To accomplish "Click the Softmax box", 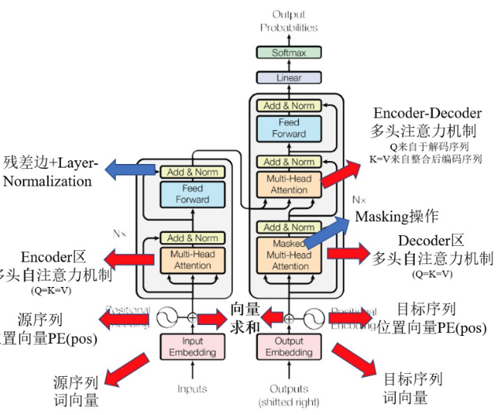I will tap(289, 53).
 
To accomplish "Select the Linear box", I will tap(289, 78).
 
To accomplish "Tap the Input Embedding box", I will tap(192, 347).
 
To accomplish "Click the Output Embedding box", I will tap(289, 347).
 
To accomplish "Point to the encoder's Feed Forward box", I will tap(192, 194).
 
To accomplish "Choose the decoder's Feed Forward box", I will tap(289, 127).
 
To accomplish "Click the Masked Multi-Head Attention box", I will tap(289, 253).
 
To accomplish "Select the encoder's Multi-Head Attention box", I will tap(192, 260).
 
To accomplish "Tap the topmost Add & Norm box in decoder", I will tap(289, 106).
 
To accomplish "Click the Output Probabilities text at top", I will tap(289, 21).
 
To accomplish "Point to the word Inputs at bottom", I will tap(192, 389).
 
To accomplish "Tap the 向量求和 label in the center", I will tap(244, 316).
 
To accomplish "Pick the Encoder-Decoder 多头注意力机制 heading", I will tap(427, 122).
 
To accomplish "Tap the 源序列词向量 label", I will tap(76, 391).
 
